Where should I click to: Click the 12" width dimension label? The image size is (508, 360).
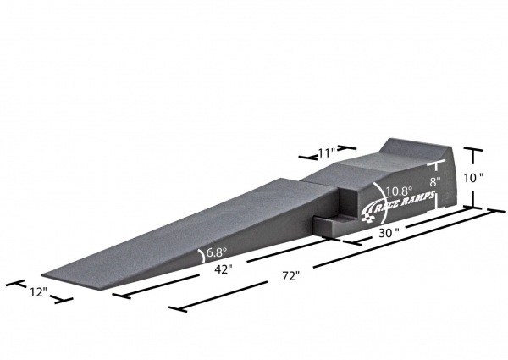coord(39,292)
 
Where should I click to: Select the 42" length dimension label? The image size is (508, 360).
coord(224,269)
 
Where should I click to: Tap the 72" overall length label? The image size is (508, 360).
coord(290,276)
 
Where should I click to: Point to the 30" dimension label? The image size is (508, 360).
coord(389,233)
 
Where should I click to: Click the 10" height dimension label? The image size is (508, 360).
coord(473,178)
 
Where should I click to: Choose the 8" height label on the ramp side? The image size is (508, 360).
coord(435,182)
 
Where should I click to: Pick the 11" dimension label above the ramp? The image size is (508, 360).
coord(326,152)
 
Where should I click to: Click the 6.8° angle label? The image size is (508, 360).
coord(216,252)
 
